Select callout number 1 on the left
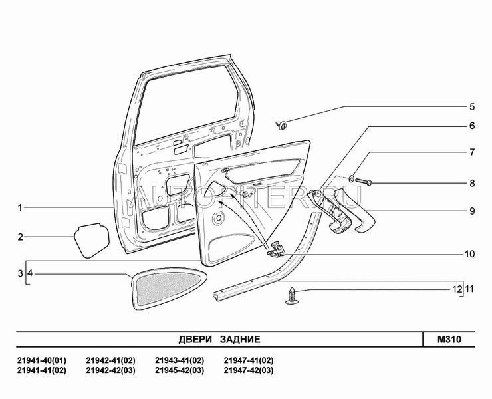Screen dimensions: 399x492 coord(20,208)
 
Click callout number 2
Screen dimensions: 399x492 coord(20,237)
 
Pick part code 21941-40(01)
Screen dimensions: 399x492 coord(41,360)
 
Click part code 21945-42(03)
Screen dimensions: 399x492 coord(180,370)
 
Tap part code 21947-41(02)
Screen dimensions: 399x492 coord(249,360)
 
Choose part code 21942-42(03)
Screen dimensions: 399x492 coord(110,370)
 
